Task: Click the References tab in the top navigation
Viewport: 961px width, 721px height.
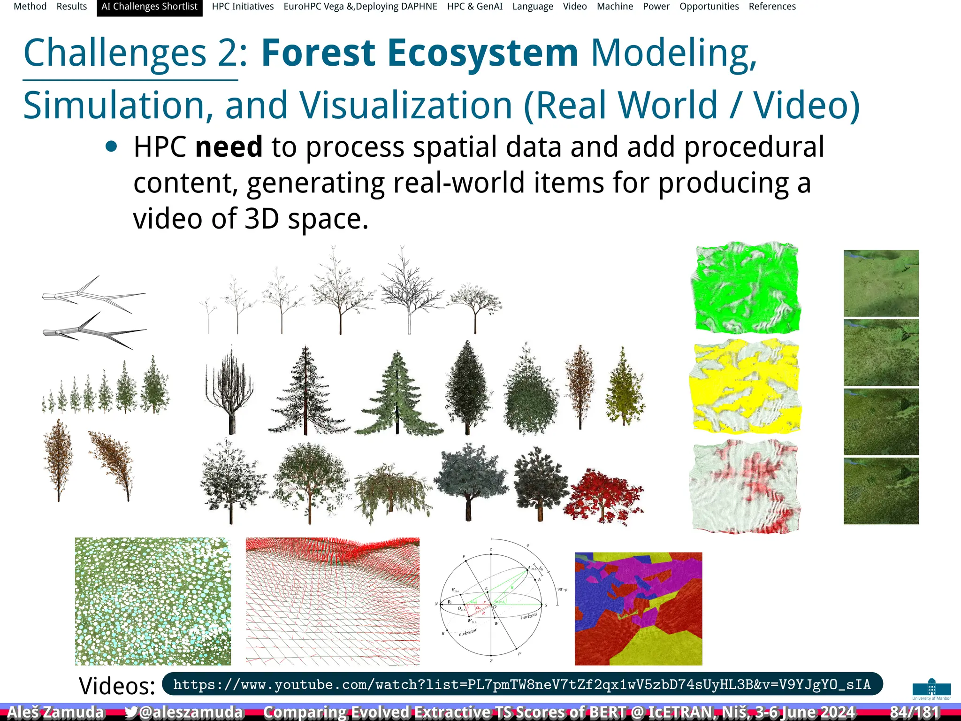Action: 772,7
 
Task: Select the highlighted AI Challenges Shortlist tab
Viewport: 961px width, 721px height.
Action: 149,7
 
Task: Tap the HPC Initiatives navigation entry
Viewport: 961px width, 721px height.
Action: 243,7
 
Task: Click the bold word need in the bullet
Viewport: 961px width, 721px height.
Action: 229,147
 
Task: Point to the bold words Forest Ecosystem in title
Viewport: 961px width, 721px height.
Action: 419,53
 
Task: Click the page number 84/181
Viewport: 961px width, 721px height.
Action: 914,712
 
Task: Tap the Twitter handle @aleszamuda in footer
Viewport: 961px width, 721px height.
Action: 184,712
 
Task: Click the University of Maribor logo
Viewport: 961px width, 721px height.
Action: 931,689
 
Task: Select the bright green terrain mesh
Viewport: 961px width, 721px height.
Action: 746,287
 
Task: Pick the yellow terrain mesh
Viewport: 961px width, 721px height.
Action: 746,386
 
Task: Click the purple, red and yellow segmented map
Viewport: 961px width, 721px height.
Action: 638,608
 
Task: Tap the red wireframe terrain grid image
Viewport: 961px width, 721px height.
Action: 332,601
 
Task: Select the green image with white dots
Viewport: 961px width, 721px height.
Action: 153,601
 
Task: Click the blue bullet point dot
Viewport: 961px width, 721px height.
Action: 111,147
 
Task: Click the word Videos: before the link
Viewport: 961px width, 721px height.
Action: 117,686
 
